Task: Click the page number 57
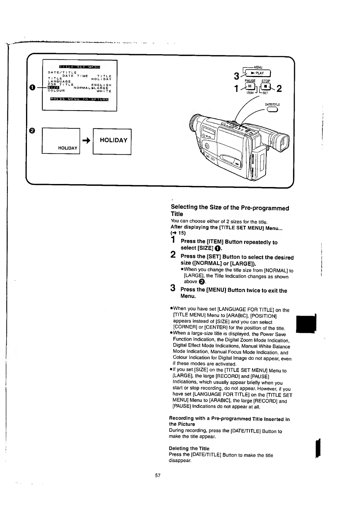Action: pyautogui.click(x=158, y=475)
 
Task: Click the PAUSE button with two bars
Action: pyautogui.click(x=250, y=87)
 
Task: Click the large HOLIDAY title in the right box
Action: pyautogui.click(x=113, y=140)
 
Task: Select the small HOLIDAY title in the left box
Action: pyautogui.click(x=68, y=148)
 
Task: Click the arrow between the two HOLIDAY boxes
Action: pyautogui.click(x=86, y=140)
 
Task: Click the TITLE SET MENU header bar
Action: pyautogui.click(x=80, y=67)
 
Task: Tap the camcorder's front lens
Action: pyautogui.click(x=194, y=124)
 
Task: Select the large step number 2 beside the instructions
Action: pyautogui.click(x=173, y=255)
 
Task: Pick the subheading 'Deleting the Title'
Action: pyautogui.click(x=189, y=448)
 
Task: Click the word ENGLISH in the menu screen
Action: pyautogui.click(x=101, y=85)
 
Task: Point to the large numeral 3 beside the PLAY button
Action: pyautogui.click(x=237, y=77)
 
